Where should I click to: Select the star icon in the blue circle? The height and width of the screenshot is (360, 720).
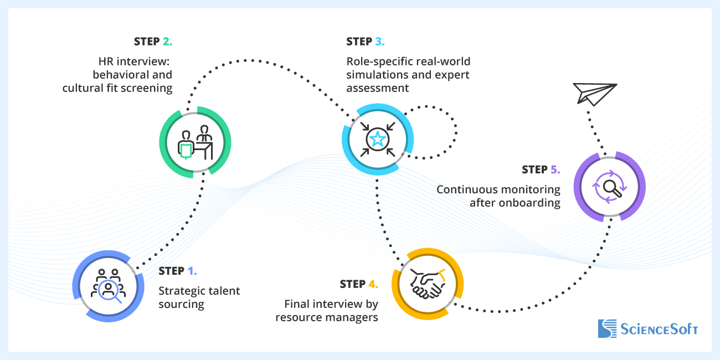click(377, 139)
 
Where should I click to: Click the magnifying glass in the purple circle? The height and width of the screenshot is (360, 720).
click(609, 186)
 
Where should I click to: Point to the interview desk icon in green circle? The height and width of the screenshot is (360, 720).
click(195, 142)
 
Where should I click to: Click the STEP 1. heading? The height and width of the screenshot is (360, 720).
click(178, 271)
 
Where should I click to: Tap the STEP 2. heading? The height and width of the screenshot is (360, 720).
click(153, 42)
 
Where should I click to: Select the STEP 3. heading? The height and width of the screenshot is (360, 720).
click(365, 42)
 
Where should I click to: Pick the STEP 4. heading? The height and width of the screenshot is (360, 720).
click(359, 284)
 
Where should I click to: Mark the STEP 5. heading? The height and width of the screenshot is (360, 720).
click(541, 169)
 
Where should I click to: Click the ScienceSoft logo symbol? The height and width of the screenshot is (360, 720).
click(607, 328)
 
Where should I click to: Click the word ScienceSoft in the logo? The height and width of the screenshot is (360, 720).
click(659, 329)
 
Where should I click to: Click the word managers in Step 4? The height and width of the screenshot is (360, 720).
click(354, 317)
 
